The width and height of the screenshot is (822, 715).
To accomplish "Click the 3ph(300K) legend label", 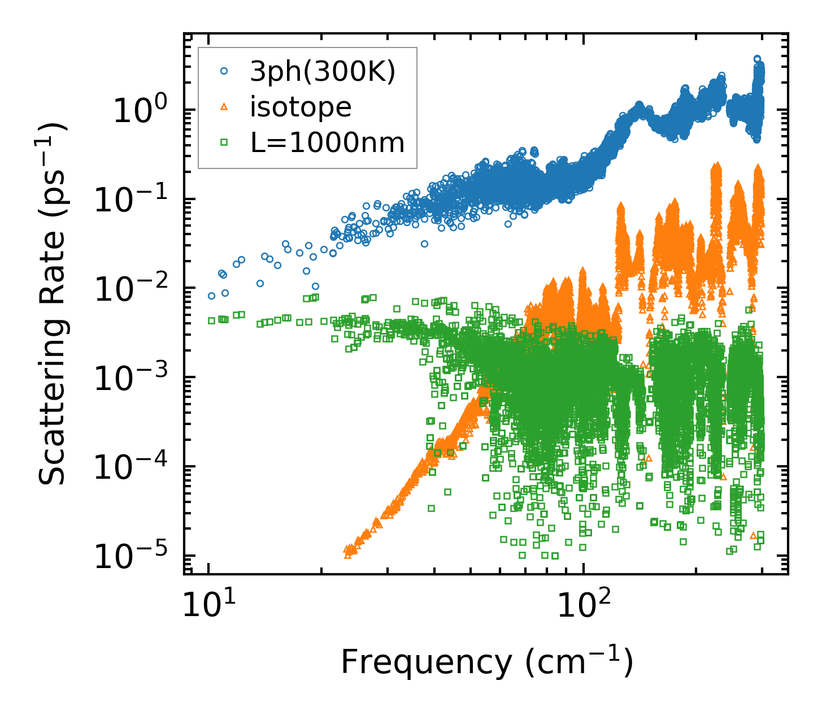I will click(x=323, y=72).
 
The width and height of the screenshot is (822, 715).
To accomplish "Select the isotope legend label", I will click(x=301, y=107).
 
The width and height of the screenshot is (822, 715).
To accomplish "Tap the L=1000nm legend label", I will click(x=328, y=143).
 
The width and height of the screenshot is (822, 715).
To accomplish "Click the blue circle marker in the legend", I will click(x=224, y=72).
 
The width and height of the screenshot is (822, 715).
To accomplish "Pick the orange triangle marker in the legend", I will click(x=224, y=107).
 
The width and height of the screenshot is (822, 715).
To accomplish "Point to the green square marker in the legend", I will click(x=224, y=143).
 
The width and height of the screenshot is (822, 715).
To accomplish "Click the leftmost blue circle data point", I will click(x=211, y=296).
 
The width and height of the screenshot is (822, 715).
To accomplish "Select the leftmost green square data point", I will click(x=211, y=320).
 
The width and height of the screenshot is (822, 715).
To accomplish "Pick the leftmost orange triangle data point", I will click(x=347, y=555).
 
